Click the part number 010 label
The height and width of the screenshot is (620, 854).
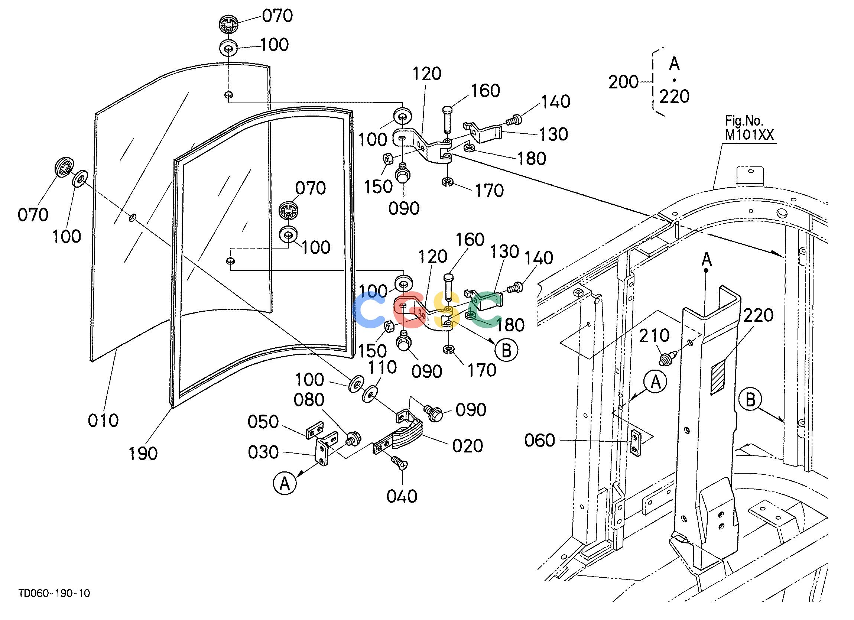coord(103,421)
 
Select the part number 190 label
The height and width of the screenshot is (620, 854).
coord(143,454)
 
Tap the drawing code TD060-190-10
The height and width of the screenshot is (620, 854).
coord(55,594)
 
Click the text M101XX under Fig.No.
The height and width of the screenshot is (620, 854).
coord(749,135)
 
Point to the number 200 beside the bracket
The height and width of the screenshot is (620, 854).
coord(624,82)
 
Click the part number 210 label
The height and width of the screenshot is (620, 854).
coord(654,335)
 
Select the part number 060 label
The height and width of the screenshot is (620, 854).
coord(540,440)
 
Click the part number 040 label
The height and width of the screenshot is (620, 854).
coord(402,496)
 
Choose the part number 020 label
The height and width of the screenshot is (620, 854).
coord(468,446)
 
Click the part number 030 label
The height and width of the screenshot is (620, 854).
coord(263,452)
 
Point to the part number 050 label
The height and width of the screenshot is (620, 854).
coord(263,422)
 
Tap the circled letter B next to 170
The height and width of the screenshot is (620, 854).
coord(506,350)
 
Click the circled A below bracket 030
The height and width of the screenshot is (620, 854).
coord(285,483)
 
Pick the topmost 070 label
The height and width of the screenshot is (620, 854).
coord(277,16)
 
